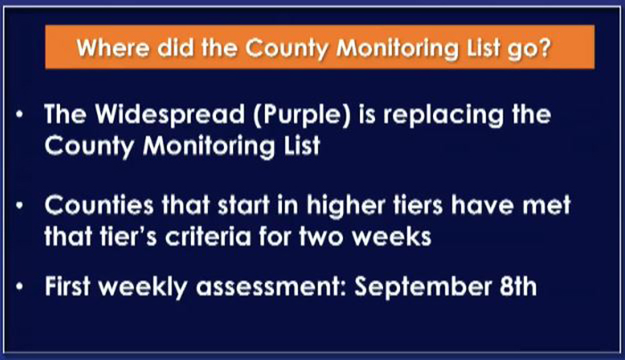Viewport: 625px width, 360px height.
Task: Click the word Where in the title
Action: click(113, 48)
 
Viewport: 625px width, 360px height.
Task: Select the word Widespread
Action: click(171, 115)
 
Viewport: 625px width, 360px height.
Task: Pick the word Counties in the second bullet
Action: click(99, 205)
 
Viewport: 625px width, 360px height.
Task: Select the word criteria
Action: click(208, 237)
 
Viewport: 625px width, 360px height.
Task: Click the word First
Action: click(67, 286)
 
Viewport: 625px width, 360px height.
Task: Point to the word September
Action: click(423, 288)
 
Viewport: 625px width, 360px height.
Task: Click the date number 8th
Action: click(518, 286)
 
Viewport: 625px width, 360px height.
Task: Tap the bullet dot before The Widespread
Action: click(20, 115)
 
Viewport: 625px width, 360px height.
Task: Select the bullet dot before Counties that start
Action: click(20, 205)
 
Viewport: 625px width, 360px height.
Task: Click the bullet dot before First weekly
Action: click(20, 287)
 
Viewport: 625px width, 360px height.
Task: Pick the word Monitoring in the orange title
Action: click(398, 49)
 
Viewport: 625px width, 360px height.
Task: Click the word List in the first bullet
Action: click(302, 145)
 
